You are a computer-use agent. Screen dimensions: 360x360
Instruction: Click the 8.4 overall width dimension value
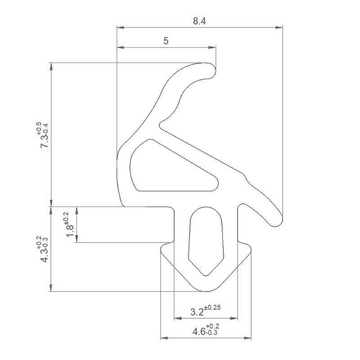pos(200,21)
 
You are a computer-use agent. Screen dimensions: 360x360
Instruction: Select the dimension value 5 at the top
pos(166,41)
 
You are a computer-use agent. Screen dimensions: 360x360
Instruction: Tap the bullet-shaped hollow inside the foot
pos(206,238)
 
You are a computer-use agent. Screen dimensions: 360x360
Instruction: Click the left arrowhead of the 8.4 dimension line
pos(120,27)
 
